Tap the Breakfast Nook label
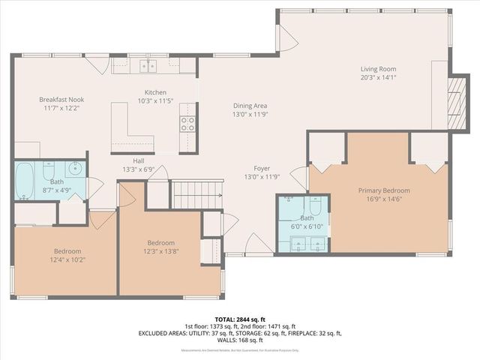coord(61,100)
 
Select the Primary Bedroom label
coord(384,190)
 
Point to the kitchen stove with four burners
coord(187,124)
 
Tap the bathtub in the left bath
coord(24,181)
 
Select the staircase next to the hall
coord(198,194)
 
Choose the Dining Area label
coord(250,106)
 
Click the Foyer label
coord(262,169)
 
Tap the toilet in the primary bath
coord(315,205)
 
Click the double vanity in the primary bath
coord(307,243)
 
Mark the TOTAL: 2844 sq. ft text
coord(239,319)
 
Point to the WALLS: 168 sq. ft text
coord(239,340)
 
